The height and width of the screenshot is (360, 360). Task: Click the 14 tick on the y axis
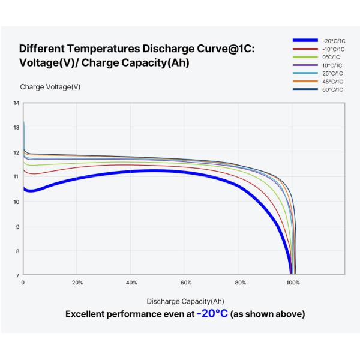pyautogui.click(x=17, y=103)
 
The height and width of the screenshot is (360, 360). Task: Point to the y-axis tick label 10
pyautogui.click(x=17, y=202)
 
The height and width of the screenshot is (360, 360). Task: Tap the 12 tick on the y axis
pyautogui.click(x=17, y=152)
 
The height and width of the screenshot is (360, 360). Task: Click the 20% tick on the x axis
pyautogui.click(x=77, y=282)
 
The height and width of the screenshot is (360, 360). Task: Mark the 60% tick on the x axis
pyautogui.click(x=186, y=282)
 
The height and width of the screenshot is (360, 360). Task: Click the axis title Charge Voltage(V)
pyautogui.click(x=50, y=87)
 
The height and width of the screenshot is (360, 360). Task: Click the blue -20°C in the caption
pyautogui.click(x=212, y=314)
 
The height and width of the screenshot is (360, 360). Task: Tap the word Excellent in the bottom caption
pyautogui.click(x=88, y=314)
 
